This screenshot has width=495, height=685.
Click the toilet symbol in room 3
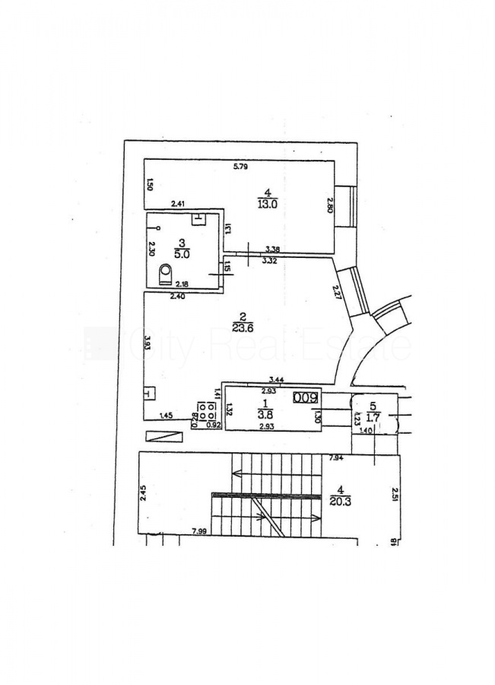coord(166,273)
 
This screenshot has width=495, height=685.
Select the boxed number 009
coord(306,396)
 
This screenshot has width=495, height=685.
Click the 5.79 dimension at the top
coord(241,166)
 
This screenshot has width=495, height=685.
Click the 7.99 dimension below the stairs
coord(200,530)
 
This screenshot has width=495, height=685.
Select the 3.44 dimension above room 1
coord(277,379)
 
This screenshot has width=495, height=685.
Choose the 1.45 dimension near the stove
coord(166,415)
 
